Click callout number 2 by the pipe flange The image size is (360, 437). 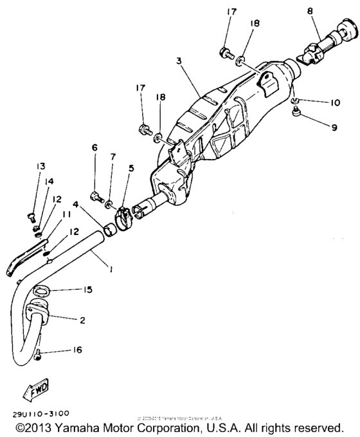(81, 320)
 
